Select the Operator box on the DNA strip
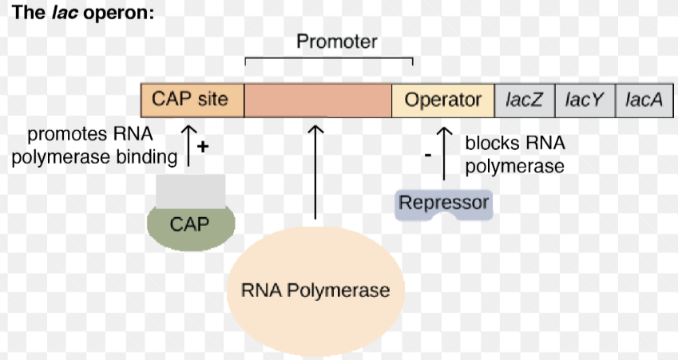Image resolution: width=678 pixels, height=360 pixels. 443,100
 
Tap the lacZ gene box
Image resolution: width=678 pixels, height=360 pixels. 525,100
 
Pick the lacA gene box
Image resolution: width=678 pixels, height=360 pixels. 644,100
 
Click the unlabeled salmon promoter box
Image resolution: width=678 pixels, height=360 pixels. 318,100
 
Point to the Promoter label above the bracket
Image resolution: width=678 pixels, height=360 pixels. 336,42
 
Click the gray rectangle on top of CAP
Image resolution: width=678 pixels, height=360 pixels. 190,189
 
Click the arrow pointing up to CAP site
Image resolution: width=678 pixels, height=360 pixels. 188,144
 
